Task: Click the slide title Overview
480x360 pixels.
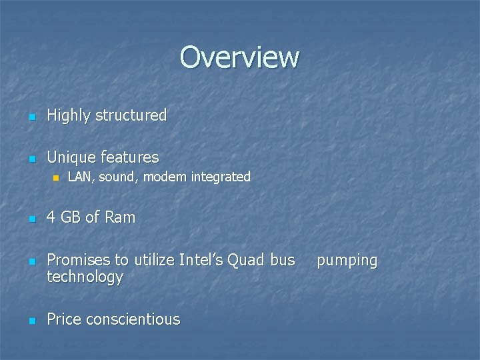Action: point(239,57)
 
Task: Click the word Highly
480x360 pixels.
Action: point(69,115)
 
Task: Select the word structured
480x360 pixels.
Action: point(131,115)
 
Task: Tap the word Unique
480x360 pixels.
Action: point(72,157)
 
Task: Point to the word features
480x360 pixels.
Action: point(130,157)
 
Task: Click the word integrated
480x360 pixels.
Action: point(221,177)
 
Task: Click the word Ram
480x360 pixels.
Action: point(120,217)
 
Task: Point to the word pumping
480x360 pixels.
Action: point(347,261)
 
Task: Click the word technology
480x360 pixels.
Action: point(85,277)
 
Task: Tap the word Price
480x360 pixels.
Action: point(65,319)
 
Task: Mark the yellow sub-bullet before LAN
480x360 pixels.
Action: point(56,178)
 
